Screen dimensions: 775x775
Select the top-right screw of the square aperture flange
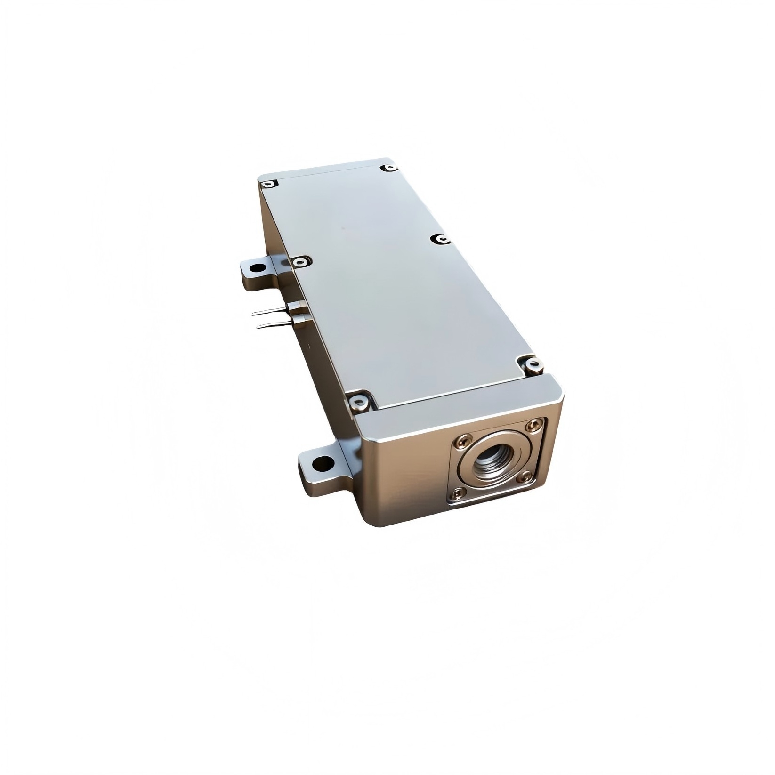point(533,425)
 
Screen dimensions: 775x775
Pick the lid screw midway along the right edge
point(441,240)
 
